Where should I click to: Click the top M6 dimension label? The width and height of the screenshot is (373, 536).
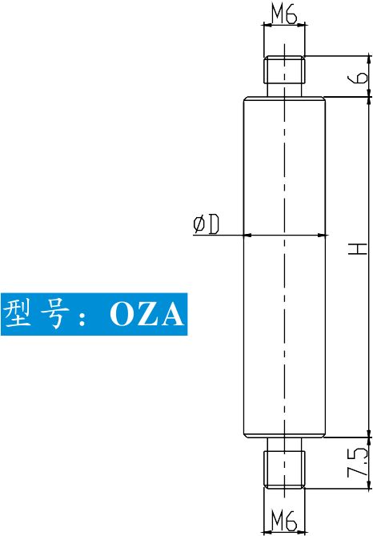[x=284, y=14]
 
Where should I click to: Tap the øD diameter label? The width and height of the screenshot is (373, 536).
[x=206, y=224]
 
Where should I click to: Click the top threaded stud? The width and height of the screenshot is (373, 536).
[x=284, y=70]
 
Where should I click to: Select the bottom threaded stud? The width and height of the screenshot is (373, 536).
[x=284, y=469]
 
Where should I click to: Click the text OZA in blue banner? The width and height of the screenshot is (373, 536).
[x=146, y=314]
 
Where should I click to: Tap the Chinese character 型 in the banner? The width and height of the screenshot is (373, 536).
[x=17, y=313]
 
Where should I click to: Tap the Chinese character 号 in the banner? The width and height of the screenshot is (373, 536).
[x=54, y=314]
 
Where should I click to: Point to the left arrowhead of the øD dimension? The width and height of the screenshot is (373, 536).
[x=247, y=236]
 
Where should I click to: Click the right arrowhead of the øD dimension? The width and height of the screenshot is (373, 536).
[x=321, y=236]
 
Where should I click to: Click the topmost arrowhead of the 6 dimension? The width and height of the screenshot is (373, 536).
[x=369, y=59]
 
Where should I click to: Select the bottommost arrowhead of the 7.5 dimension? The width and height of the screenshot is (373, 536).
[x=369, y=485]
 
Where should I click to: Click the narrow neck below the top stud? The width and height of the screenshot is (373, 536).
[x=284, y=91]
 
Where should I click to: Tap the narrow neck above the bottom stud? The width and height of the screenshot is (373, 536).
[x=284, y=444]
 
